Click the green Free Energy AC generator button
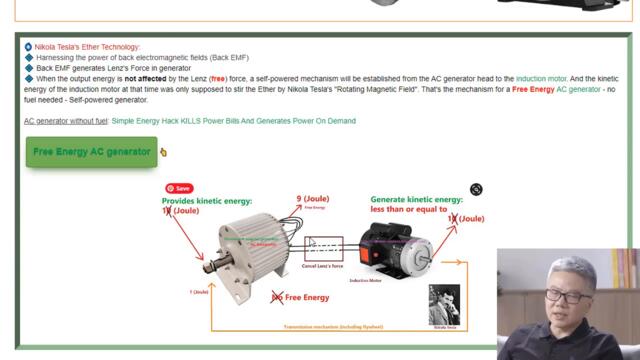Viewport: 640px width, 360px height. (91, 152)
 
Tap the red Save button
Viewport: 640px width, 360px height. (179, 188)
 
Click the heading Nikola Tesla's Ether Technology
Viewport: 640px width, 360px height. (87, 47)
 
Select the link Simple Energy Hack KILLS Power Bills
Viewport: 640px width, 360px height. (233, 121)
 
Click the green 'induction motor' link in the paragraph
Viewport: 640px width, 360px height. (541, 78)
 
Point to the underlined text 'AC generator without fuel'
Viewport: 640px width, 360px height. (65, 121)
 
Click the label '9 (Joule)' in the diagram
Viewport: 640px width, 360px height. (313, 199)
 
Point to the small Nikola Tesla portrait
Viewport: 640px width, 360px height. (444, 303)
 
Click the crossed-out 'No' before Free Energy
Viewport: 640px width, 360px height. (277, 297)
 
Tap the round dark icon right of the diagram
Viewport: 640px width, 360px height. (476, 189)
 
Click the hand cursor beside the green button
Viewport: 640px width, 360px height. (163, 153)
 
